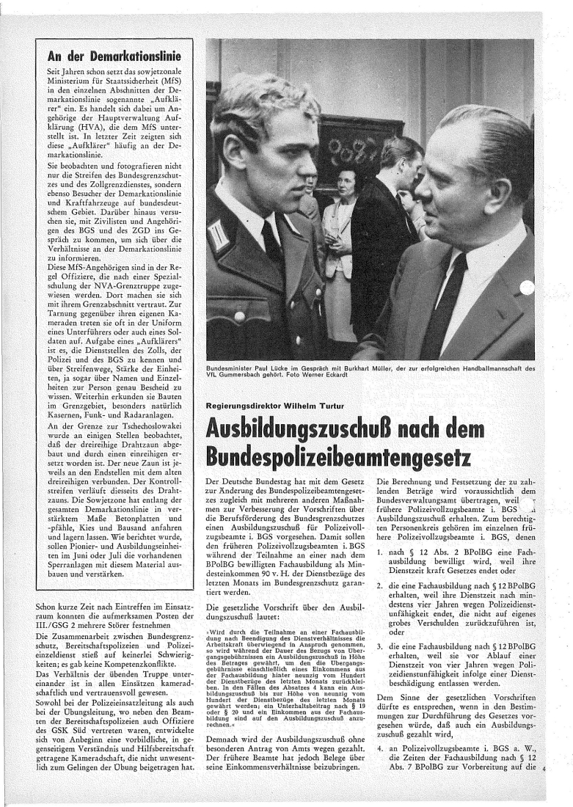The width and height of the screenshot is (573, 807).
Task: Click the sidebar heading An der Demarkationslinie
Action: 114,56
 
